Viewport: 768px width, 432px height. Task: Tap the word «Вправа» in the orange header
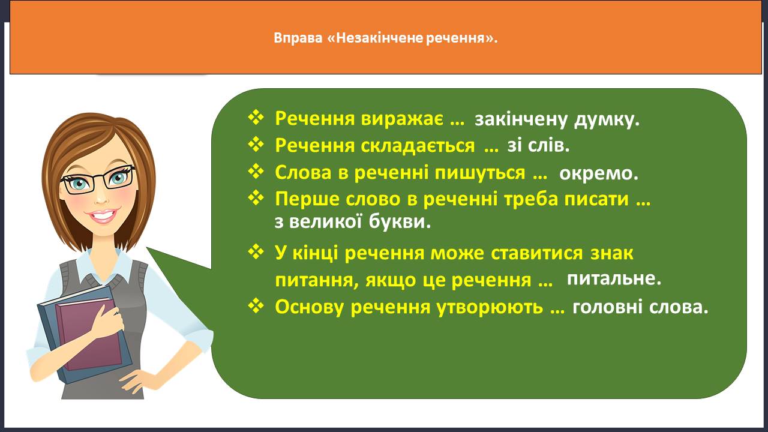(298, 38)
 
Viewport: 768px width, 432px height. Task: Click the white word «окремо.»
(599, 173)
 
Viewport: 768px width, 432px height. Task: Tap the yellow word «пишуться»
(480, 172)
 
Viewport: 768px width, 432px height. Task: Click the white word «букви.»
(400, 221)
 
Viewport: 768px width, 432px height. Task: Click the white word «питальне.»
(614, 278)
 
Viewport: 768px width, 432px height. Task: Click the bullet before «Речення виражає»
(256, 117)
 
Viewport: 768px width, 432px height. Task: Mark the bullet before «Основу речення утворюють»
(256, 305)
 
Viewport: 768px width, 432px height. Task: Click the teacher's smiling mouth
(102, 215)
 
